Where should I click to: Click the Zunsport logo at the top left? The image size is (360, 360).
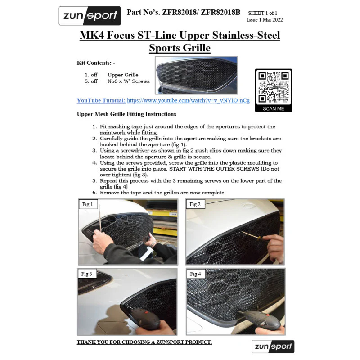click(x=90, y=16)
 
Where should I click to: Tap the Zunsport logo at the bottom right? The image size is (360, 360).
click(x=273, y=346)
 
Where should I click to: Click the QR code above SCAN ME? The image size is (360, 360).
click(x=274, y=87)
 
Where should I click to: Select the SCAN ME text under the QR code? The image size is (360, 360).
click(x=274, y=108)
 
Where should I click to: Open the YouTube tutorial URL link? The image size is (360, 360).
click(x=188, y=100)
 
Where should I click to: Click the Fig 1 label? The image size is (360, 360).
click(x=87, y=204)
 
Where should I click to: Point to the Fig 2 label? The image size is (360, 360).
click(x=195, y=204)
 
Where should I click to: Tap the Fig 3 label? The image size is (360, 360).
click(x=86, y=274)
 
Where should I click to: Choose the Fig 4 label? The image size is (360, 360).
click(x=195, y=274)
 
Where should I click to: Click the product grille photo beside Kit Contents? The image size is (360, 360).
click(x=196, y=75)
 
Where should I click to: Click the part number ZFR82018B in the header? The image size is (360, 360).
click(x=220, y=12)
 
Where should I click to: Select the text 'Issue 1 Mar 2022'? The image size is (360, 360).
click(x=265, y=20)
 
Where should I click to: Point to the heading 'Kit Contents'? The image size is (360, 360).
click(x=94, y=63)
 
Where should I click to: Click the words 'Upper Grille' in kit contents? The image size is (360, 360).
click(x=123, y=75)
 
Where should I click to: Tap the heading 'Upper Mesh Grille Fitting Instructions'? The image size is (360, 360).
click(x=126, y=114)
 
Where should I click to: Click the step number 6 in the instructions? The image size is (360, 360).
click(x=94, y=193)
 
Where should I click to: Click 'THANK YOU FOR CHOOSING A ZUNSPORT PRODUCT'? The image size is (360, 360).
click(x=144, y=342)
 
